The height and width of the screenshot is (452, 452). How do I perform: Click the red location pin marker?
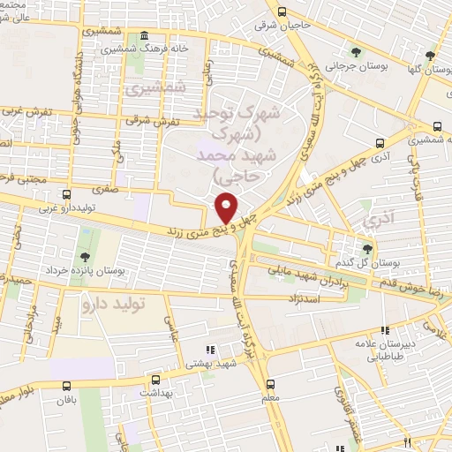click(227, 208)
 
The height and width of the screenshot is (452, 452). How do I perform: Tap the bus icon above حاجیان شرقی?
click(282, 12)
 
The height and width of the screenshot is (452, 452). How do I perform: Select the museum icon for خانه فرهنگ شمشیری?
click(143, 36)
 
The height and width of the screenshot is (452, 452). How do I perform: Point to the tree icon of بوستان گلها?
click(428, 56)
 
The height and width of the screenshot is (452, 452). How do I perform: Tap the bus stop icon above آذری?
click(380, 142)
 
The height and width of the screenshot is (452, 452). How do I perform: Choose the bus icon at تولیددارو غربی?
click(66, 195)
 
